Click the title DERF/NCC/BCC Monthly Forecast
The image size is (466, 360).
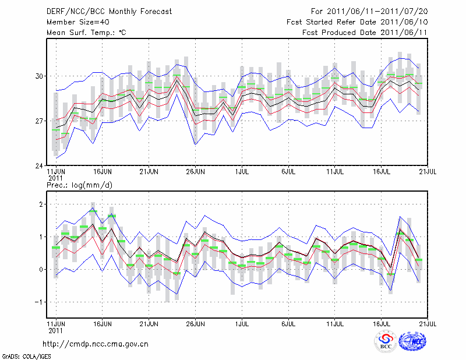pyautogui.click(x=110, y=12)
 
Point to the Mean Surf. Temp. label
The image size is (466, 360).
pyautogui.click(x=86, y=33)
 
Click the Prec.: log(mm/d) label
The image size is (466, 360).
pyautogui.click(x=79, y=185)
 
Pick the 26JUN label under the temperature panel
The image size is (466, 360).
pyautogui.click(x=195, y=172)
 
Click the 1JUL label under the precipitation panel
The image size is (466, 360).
pyautogui.click(x=242, y=322)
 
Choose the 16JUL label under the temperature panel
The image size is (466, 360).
pyautogui.click(x=382, y=172)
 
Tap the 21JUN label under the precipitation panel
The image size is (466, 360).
pyautogui.click(x=149, y=322)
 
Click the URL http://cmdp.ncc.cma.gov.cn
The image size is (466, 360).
pyautogui.click(x=96, y=344)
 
